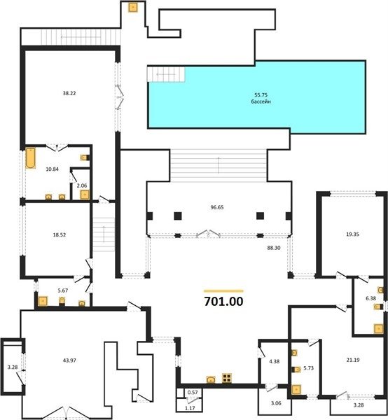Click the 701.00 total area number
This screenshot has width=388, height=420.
coord(223,301)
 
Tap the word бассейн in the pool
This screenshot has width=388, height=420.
coord(261,101)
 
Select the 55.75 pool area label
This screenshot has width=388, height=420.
coord(261,94)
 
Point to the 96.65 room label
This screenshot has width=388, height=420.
coord(217,207)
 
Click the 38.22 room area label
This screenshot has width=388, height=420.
coord(69,93)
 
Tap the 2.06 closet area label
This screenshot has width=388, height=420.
coord(82,185)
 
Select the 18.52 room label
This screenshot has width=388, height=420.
coord(60,235)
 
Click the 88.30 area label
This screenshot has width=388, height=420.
coord(274,248)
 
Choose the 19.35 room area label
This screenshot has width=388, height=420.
coord(352,234)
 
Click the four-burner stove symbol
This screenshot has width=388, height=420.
coord(227,378)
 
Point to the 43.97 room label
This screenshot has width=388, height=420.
coord(69,360)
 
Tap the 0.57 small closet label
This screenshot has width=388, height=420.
coord(193,393)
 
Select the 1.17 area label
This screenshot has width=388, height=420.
coord(190,409)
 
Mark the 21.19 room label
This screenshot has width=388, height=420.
coord(353,360)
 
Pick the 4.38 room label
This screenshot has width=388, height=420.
coord(274,361)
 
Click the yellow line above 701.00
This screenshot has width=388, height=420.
coord(223,291)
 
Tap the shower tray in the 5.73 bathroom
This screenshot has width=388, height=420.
coord(296,389)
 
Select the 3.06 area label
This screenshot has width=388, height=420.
coord(276,403)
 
